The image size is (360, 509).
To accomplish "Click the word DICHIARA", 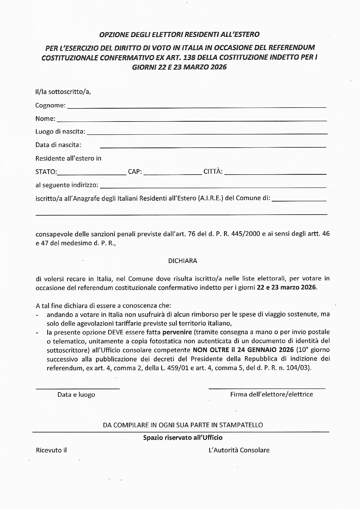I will pyautogui.click(x=183, y=261).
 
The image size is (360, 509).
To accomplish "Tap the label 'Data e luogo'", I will pyautogui.click(x=76, y=395).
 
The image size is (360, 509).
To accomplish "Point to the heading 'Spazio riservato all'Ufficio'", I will pyautogui.click(x=183, y=437).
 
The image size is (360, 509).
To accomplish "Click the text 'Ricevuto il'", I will pyautogui.click(x=51, y=450).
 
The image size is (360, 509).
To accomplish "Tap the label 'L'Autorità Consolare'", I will pyautogui.click(x=239, y=450).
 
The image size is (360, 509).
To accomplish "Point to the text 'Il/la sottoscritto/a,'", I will pyautogui.click(x=63, y=92).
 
